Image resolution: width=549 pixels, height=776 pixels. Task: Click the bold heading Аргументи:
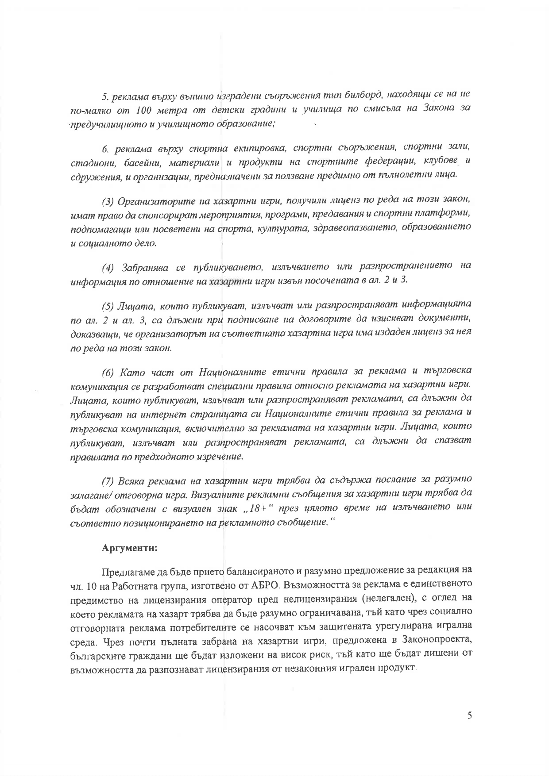click(x=130, y=548)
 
